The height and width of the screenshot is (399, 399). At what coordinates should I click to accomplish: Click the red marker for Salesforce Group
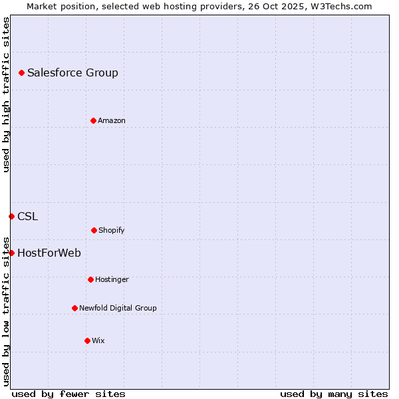21,72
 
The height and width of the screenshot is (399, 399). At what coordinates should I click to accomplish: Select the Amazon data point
93,120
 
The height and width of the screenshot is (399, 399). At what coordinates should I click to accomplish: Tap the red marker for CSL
11,216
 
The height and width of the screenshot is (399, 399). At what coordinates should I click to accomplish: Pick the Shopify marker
94,230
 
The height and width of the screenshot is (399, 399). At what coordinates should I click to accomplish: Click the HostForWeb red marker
11,253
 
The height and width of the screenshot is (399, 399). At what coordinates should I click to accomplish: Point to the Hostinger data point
90,279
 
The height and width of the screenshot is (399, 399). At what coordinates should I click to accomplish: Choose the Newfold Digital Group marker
74,308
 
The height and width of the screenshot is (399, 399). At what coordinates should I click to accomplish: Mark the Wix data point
87,340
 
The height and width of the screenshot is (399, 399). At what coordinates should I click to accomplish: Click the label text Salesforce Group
72,72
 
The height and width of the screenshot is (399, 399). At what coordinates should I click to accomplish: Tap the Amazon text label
112,120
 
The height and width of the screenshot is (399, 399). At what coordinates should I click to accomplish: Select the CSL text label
27,216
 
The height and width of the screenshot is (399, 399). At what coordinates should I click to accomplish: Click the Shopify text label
112,230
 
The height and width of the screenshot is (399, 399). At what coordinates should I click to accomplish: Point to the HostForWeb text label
49,253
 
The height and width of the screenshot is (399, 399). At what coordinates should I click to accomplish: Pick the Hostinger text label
112,279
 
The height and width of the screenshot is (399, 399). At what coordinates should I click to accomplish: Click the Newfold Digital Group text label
118,308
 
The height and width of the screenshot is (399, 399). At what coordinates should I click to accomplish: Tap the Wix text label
98,340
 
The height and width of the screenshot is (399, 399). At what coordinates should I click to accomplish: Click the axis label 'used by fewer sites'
68,394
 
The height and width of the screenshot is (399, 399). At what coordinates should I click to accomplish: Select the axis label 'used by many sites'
334,394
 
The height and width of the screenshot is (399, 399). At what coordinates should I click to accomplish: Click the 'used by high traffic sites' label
6,94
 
